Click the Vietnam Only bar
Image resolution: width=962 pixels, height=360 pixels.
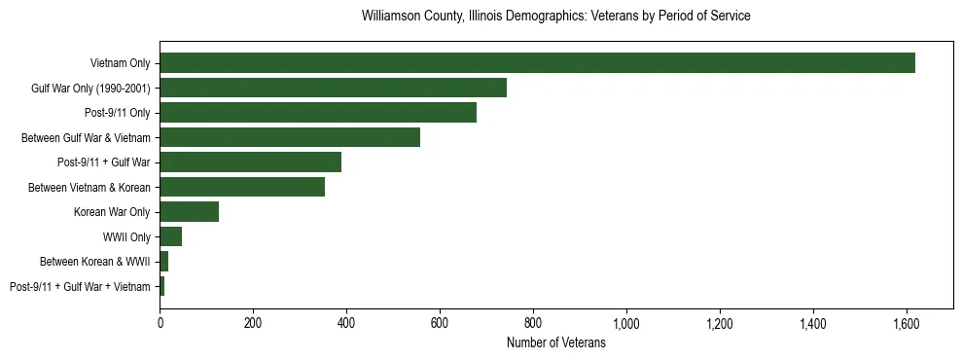[537, 63]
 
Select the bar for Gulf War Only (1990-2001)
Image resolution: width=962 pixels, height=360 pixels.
[333, 89]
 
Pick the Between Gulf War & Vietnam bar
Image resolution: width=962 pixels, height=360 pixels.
[290, 137]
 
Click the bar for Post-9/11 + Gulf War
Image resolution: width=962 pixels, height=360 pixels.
[250, 162]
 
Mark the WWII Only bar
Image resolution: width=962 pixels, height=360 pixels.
[170, 236]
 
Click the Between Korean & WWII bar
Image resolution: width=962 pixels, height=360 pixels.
[163, 262]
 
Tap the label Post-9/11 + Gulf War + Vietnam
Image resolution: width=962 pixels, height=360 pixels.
[80, 287]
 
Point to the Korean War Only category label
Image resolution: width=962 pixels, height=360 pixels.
[112, 212]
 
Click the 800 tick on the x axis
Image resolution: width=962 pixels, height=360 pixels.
[533, 323]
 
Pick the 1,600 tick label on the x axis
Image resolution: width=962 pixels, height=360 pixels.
[906, 323]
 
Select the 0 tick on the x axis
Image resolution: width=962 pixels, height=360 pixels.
[160, 323]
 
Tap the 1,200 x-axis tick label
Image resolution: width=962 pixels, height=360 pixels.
[719, 323]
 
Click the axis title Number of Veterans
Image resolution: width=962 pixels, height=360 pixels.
[555, 342]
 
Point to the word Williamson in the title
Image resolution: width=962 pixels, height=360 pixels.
[390, 17]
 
